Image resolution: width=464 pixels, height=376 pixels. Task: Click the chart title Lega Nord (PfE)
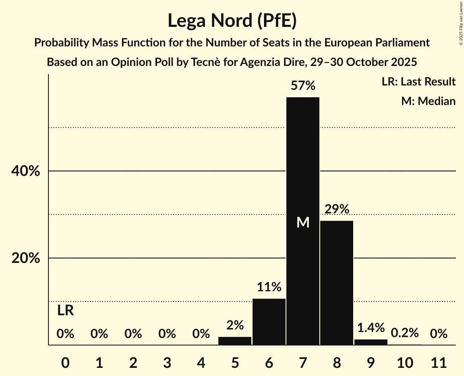pos(232,21)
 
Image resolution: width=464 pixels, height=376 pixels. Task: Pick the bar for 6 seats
pos(269,321)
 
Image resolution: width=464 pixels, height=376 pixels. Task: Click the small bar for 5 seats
pos(235,341)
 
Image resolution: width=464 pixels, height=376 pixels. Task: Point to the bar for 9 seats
pos(371,342)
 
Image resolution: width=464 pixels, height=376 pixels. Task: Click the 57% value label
pos(303,86)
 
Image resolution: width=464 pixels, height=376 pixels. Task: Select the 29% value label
pos(336,209)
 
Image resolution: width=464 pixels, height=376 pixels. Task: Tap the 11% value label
pos(269,287)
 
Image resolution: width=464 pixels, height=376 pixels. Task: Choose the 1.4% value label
pos(371,328)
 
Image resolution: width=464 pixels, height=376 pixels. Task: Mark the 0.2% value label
pos(405,333)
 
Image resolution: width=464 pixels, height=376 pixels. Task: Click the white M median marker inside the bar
pos(303,223)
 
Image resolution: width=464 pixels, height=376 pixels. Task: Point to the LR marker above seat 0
pos(65,311)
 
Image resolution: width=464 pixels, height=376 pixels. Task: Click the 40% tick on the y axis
pos(25,171)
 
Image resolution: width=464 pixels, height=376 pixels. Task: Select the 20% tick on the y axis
pos(25,258)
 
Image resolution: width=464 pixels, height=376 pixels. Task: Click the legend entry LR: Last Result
pos(418,82)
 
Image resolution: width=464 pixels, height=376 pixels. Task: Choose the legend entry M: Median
pos(428,101)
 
